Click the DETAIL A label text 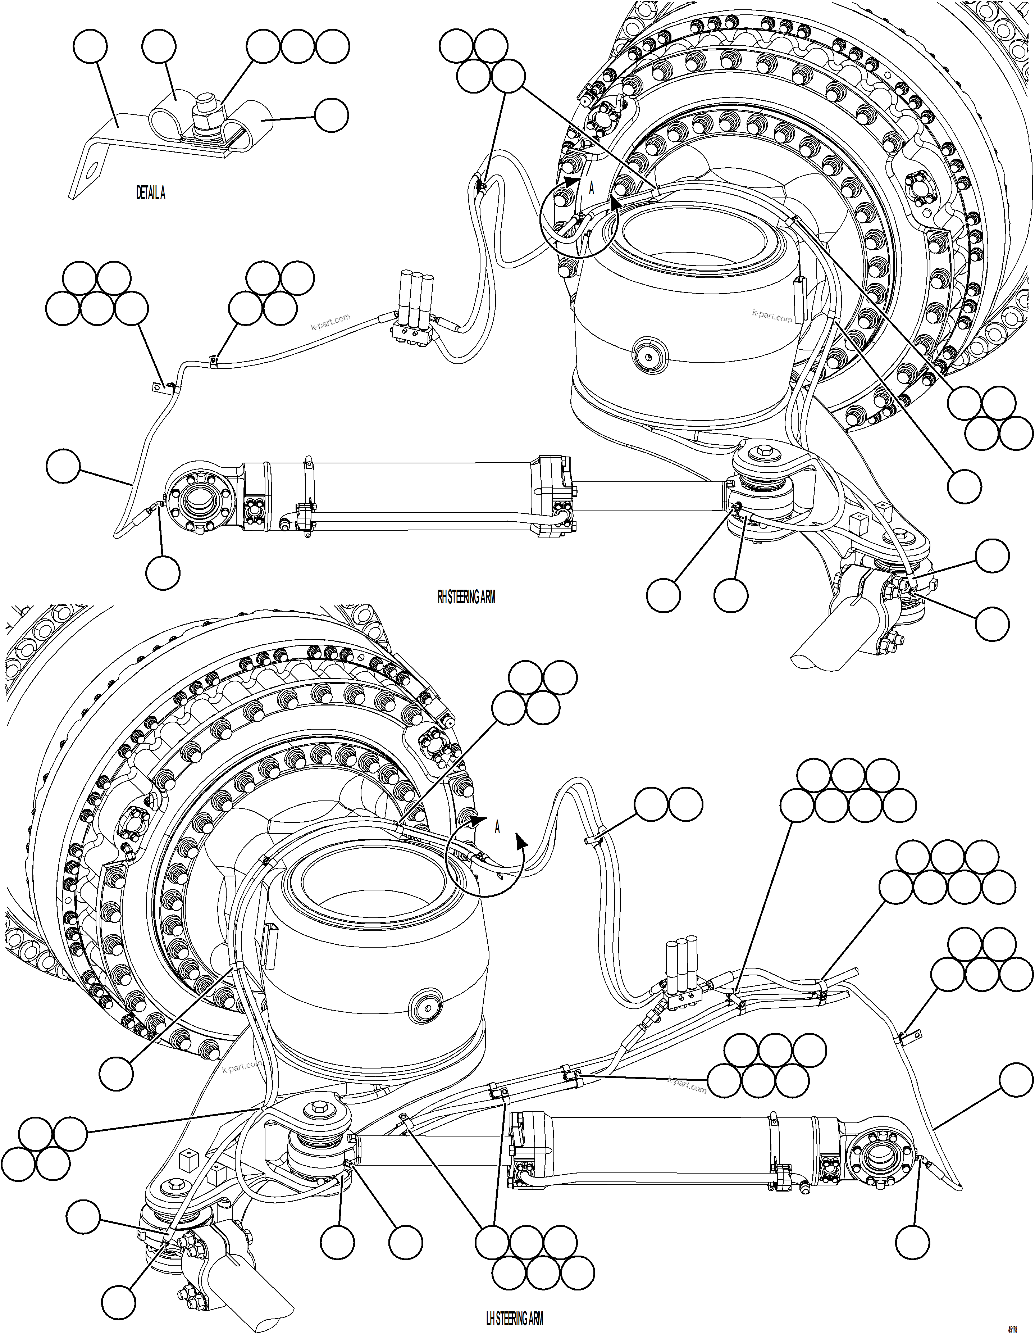(x=150, y=194)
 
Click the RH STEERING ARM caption (x=466, y=597)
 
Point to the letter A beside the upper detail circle (x=591, y=189)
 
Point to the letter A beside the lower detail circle (x=498, y=828)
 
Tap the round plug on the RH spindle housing (x=649, y=353)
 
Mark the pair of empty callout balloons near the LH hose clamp (x=669, y=804)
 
